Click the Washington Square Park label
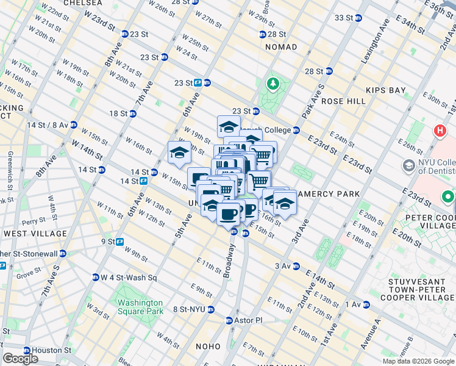coord(140,307)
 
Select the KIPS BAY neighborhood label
coord(386,90)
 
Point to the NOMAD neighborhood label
coord(281,47)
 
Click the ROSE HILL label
coord(342,101)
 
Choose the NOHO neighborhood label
coord(208,346)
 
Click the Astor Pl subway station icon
coord(229,320)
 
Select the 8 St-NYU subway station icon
coord(211,309)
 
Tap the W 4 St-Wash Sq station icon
coord(96,278)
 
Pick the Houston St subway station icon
coord(27,351)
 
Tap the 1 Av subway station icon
coord(366,304)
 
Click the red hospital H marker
coord(439,131)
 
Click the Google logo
coord(20,358)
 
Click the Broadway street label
coord(229,262)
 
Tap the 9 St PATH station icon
coord(120,242)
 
